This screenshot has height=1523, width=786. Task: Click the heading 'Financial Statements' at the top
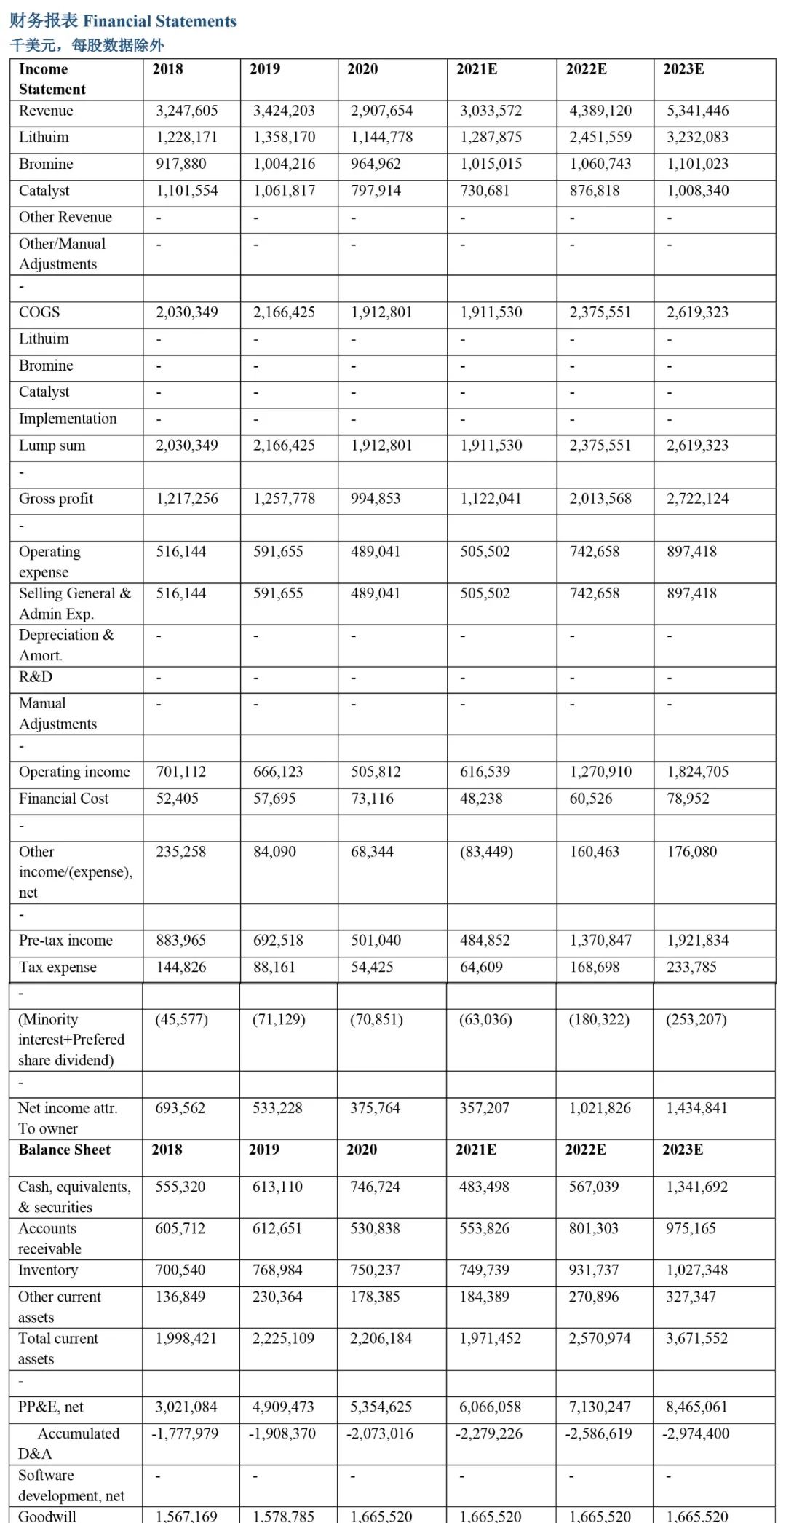(123, 21)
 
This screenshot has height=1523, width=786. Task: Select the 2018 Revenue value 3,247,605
(186, 111)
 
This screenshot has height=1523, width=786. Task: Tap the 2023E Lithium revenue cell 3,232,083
(697, 137)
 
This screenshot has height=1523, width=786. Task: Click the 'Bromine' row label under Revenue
(46, 164)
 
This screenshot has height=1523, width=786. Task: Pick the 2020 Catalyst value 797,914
(375, 191)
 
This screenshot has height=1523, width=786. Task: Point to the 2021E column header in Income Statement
(477, 69)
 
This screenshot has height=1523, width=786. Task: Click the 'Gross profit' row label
(56, 499)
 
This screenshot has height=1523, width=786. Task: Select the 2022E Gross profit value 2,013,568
(600, 499)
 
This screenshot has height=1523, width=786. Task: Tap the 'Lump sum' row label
(52, 446)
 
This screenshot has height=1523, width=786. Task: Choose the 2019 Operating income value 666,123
(278, 772)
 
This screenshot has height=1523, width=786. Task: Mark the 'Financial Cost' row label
(63, 799)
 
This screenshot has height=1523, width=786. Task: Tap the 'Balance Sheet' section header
(65, 1150)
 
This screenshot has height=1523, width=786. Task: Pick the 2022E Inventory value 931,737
(593, 1270)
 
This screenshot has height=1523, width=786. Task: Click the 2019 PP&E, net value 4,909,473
(282, 1407)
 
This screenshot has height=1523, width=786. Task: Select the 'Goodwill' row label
(47, 1516)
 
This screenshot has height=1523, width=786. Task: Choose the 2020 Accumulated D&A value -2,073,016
(380, 1433)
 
